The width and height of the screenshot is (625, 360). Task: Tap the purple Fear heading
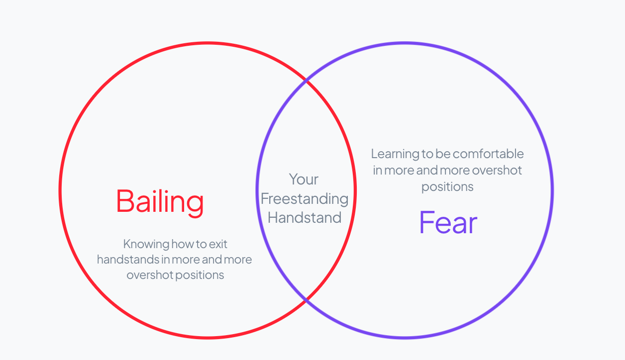coord(448,223)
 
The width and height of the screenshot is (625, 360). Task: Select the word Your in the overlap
coord(304,179)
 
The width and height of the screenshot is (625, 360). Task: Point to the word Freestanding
coord(305,199)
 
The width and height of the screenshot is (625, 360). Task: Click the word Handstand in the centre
coord(305,217)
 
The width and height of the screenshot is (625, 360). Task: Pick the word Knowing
coord(146,245)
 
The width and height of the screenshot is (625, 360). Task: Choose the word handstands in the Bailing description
coord(128,260)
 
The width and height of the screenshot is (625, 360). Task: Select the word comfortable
coord(488,154)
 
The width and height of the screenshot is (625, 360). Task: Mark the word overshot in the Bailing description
coord(150,275)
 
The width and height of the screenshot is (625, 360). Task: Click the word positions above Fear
coord(447,187)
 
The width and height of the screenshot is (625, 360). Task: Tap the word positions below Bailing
coord(200,275)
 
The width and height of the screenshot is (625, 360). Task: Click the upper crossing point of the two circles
coord(306,81)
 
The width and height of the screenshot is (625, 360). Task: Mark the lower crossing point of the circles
coord(306,300)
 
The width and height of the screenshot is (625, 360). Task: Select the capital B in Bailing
coord(125,201)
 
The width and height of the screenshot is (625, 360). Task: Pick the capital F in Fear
coord(426,222)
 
